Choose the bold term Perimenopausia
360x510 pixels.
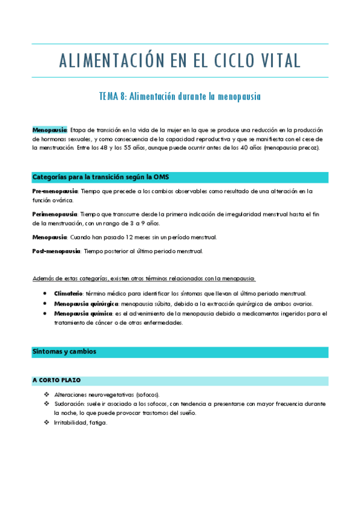pos(54,214)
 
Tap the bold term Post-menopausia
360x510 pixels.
pos(56,251)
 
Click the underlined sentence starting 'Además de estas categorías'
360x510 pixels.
pos(144,278)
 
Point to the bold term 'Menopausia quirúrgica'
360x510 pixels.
pos(85,304)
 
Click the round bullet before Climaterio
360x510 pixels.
pos(46,293)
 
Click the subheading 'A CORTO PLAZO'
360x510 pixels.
pos(56,380)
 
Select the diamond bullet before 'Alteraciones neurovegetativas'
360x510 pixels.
pos(46,394)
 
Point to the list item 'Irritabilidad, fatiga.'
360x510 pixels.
pos(81,423)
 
